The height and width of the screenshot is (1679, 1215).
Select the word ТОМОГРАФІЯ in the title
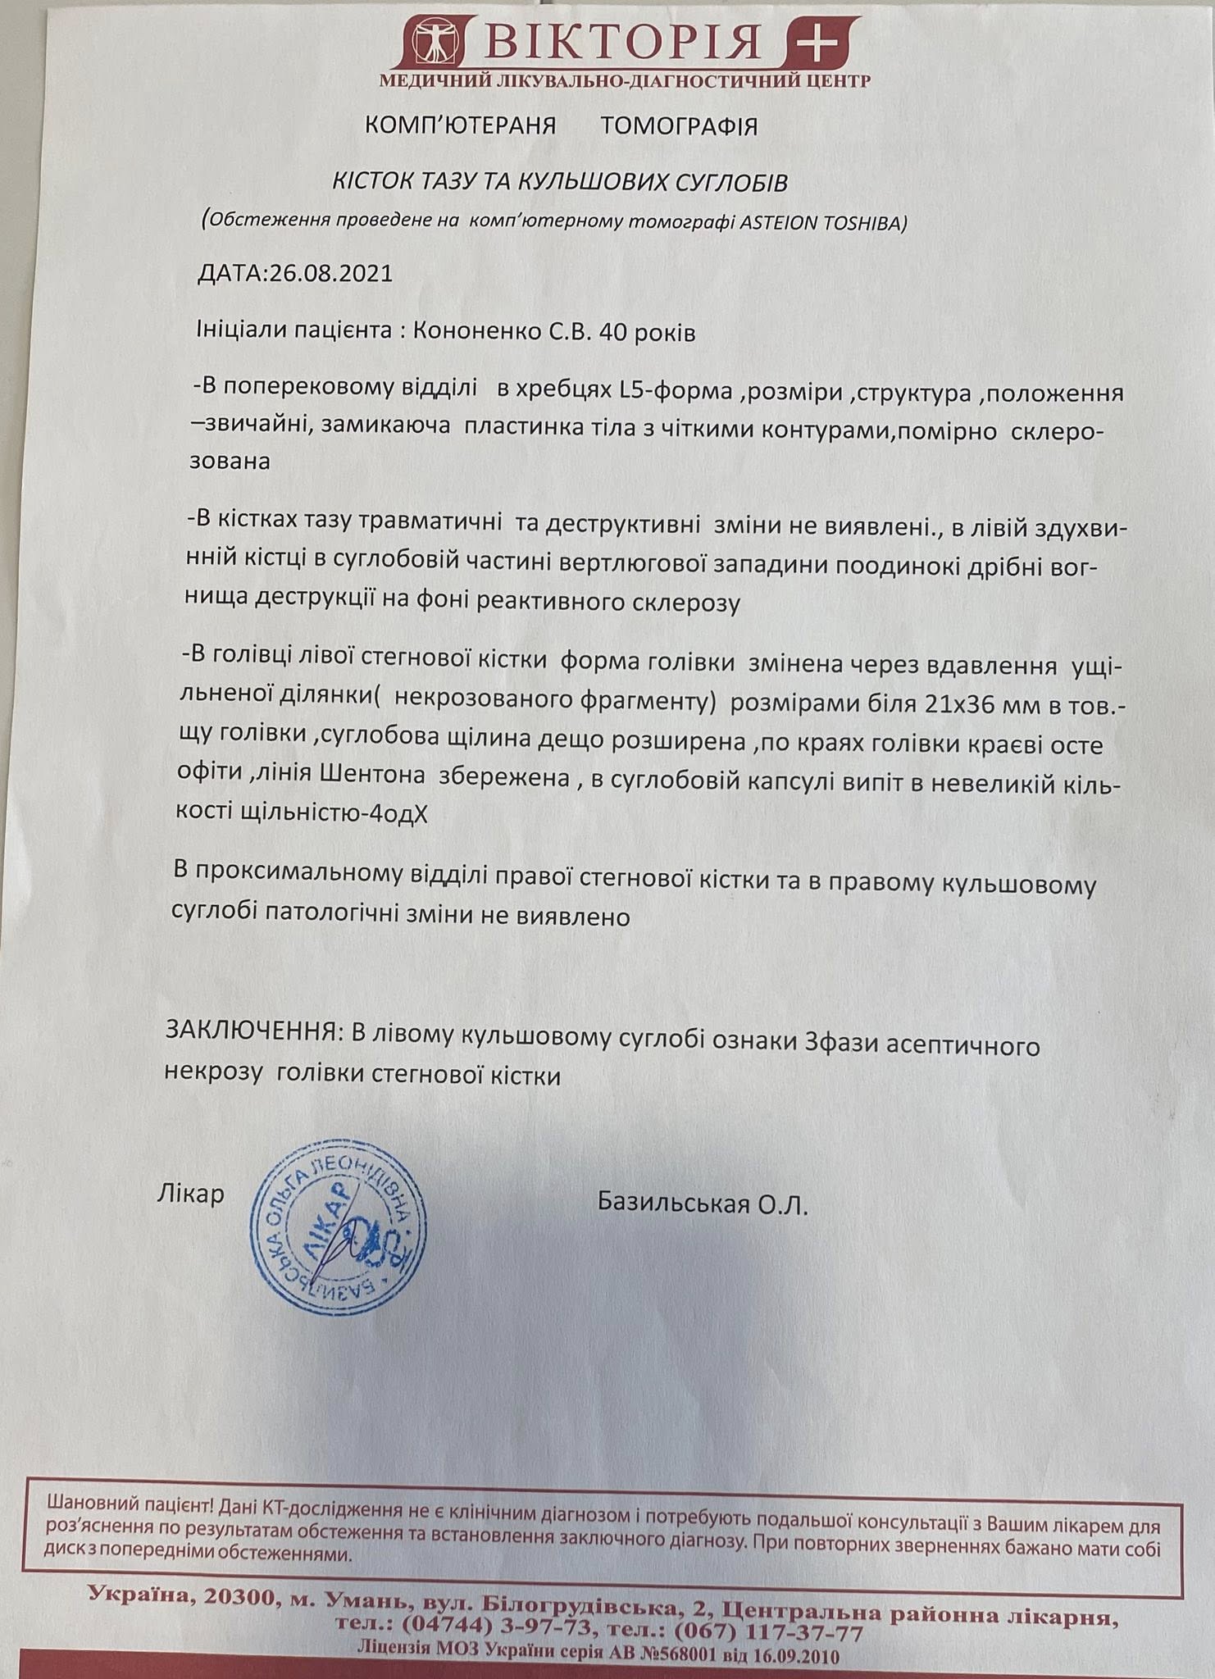point(679,126)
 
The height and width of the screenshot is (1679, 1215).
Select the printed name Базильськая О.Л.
point(703,1204)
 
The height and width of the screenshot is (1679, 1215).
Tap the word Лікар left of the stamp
point(190,1194)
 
